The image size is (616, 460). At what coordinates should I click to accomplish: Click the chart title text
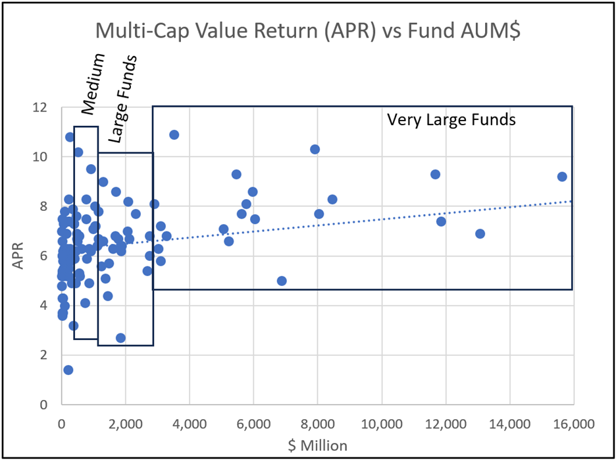click(308, 31)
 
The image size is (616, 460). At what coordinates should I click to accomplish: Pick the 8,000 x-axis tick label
click(317, 422)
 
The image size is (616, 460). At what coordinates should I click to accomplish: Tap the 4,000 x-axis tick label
click(190, 422)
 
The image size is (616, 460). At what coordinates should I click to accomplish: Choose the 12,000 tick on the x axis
click(445, 422)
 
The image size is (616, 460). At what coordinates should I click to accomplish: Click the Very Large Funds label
click(451, 120)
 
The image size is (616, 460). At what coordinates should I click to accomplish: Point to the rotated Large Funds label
click(123, 99)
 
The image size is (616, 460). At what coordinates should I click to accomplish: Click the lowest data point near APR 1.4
click(68, 370)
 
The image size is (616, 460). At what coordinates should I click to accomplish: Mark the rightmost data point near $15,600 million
click(562, 177)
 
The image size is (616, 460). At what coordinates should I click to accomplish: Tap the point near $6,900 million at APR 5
click(282, 281)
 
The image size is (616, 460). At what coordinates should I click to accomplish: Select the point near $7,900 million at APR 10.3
click(315, 150)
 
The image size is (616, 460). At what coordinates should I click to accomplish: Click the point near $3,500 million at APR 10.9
click(174, 134)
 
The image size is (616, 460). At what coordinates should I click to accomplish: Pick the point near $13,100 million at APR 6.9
click(480, 234)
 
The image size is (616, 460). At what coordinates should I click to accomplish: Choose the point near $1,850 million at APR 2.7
click(120, 337)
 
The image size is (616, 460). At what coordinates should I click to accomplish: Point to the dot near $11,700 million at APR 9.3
click(435, 174)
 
